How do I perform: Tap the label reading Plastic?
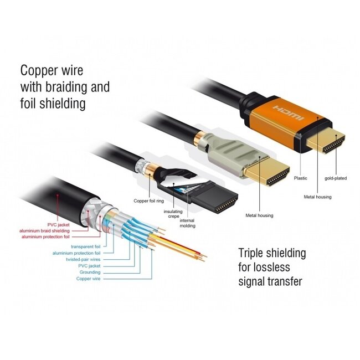tap(300, 178)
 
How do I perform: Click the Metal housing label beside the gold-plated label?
tap(317, 196)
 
